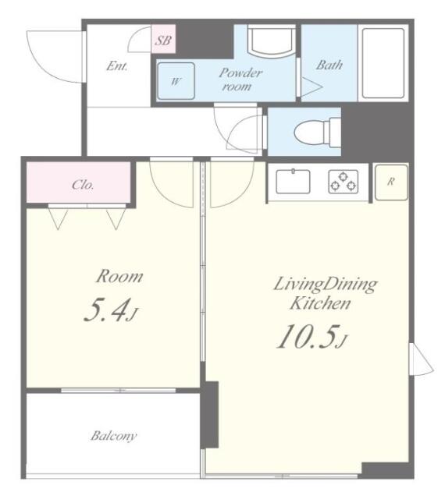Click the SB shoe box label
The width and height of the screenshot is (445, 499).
pyautogui.click(x=163, y=41)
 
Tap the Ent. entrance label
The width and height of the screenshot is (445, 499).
pyautogui.click(x=117, y=66)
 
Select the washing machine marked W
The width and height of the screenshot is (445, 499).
pyautogui.click(x=176, y=80)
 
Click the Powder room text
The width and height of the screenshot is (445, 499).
pyautogui.click(x=240, y=79)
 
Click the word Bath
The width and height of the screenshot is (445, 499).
pyautogui.click(x=329, y=65)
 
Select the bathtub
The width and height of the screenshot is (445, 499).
pyautogui.click(x=383, y=63)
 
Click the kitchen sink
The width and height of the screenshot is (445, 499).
pyautogui.click(x=293, y=182)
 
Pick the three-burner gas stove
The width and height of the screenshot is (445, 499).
pyautogui.click(x=343, y=182)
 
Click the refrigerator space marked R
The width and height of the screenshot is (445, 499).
pyautogui.click(x=390, y=182)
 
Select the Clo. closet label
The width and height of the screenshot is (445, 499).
pyautogui.click(x=84, y=186)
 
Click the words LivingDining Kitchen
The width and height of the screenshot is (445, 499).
pyautogui.click(x=323, y=292)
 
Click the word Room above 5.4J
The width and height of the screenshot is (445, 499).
pyautogui.click(x=119, y=276)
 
